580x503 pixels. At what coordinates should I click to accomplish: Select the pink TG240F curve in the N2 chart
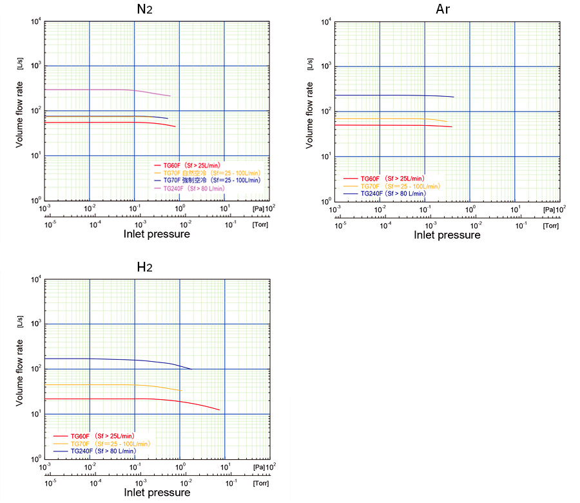pos(97,90)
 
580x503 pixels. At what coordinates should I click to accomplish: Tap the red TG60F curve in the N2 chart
pos(97,123)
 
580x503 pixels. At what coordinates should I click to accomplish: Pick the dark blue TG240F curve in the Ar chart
pos(387,95)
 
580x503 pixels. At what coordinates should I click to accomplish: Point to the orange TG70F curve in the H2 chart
pos(97,385)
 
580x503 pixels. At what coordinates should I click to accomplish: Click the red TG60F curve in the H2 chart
pos(97,399)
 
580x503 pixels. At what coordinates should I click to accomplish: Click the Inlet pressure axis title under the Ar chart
pos(447,235)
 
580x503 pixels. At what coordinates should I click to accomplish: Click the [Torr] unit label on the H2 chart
pos(261,482)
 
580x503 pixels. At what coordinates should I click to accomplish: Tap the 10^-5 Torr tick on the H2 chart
pos(50,482)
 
